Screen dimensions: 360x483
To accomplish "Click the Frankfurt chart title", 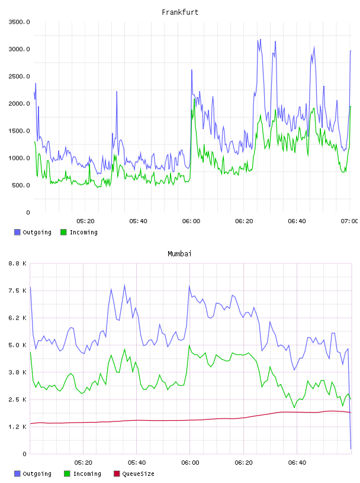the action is tap(180, 12).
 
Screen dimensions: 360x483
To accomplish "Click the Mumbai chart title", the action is tap(179, 254).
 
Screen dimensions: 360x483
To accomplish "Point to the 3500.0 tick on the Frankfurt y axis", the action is tap(20, 22).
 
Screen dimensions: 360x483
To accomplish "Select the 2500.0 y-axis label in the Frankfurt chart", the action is tap(20, 76).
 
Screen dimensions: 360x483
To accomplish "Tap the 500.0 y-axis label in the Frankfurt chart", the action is tap(21, 185).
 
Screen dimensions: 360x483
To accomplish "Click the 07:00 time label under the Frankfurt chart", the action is tap(349, 221).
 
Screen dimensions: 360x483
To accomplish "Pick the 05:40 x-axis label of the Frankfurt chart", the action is tap(138, 221).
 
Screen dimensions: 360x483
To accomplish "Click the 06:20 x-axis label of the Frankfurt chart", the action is tap(244, 221).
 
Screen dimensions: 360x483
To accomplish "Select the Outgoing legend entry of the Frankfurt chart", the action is tap(33, 232).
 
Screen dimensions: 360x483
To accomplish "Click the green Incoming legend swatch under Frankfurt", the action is tap(63, 232).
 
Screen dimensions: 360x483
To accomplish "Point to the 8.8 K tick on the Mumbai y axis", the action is tap(18, 263).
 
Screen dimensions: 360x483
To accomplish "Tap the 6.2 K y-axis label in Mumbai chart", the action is tap(18, 318).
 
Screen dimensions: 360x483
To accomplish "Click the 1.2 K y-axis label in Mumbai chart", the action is tap(18, 427).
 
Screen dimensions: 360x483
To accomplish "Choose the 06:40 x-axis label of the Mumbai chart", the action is tap(297, 462).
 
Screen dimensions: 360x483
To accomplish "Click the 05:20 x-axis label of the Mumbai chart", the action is tap(83, 462).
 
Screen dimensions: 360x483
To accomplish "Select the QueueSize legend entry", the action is tap(134, 474).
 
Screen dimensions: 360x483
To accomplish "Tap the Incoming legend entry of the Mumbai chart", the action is tap(83, 474).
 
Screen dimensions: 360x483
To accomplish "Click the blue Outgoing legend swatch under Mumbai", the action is tap(17, 474).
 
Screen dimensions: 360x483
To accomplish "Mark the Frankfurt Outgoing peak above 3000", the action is tap(260, 40).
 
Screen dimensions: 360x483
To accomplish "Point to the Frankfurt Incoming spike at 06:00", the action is tap(194, 99).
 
